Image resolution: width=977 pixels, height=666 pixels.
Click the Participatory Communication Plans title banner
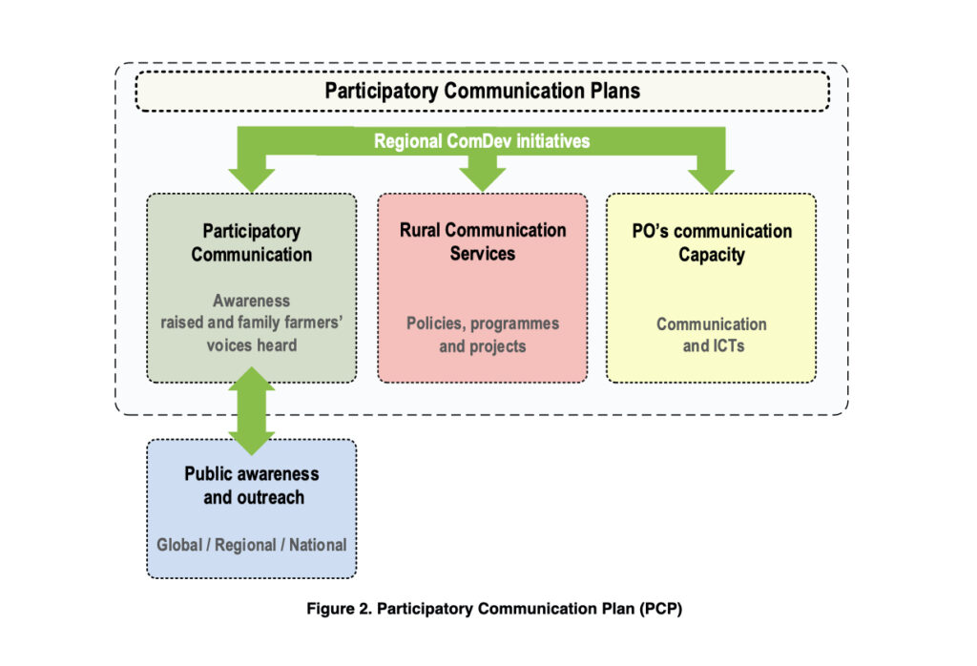click(482, 92)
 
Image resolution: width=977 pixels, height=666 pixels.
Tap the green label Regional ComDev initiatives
click(482, 141)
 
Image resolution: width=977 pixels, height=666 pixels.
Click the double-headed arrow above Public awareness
click(252, 410)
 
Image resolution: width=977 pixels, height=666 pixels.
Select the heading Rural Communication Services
click(482, 241)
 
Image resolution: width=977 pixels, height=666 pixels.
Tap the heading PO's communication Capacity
click(711, 242)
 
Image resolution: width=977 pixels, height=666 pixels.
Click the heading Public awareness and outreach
click(252, 485)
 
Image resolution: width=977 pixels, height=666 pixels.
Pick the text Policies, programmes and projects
click(482, 334)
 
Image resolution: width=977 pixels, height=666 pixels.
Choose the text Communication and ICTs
click(711, 334)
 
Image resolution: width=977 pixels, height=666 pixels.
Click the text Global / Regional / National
click(252, 545)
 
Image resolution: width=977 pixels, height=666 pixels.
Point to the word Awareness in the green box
click(252, 301)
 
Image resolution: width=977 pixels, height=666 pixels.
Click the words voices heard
click(252, 344)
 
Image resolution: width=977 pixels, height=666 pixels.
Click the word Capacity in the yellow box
click(711, 255)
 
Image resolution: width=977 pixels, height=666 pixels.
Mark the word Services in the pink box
click(482, 254)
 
